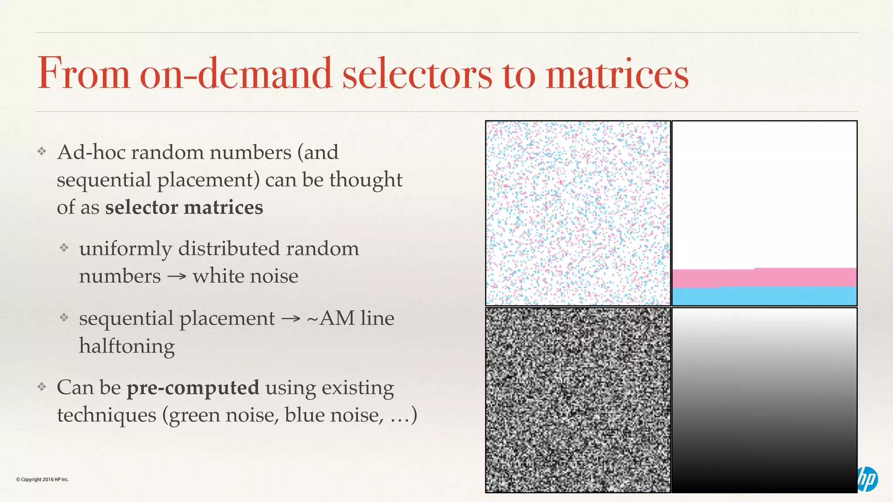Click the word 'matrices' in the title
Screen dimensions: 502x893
tap(617, 74)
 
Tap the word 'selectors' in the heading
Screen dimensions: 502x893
tap(417, 74)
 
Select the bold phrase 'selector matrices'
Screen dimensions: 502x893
tap(184, 207)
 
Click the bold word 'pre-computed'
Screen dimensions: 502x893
tap(193, 387)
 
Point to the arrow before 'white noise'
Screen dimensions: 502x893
tap(177, 277)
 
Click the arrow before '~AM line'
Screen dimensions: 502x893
tap(291, 319)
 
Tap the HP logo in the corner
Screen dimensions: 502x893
tap(868, 479)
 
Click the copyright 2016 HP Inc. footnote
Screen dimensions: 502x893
tap(42, 479)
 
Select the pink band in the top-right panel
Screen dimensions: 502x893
tap(764, 278)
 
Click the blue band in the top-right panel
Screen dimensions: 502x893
tap(764, 296)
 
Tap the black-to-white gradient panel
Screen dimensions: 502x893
tap(764, 400)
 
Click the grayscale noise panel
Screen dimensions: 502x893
tap(578, 400)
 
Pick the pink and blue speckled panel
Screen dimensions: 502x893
tap(578, 213)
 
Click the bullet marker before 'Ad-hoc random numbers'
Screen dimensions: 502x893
tap(42, 152)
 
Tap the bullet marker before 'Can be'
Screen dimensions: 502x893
tap(42, 387)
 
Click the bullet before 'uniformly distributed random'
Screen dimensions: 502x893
tap(64, 248)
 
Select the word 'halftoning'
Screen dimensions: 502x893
tap(126, 346)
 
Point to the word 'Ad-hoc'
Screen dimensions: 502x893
tap(91, 153)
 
